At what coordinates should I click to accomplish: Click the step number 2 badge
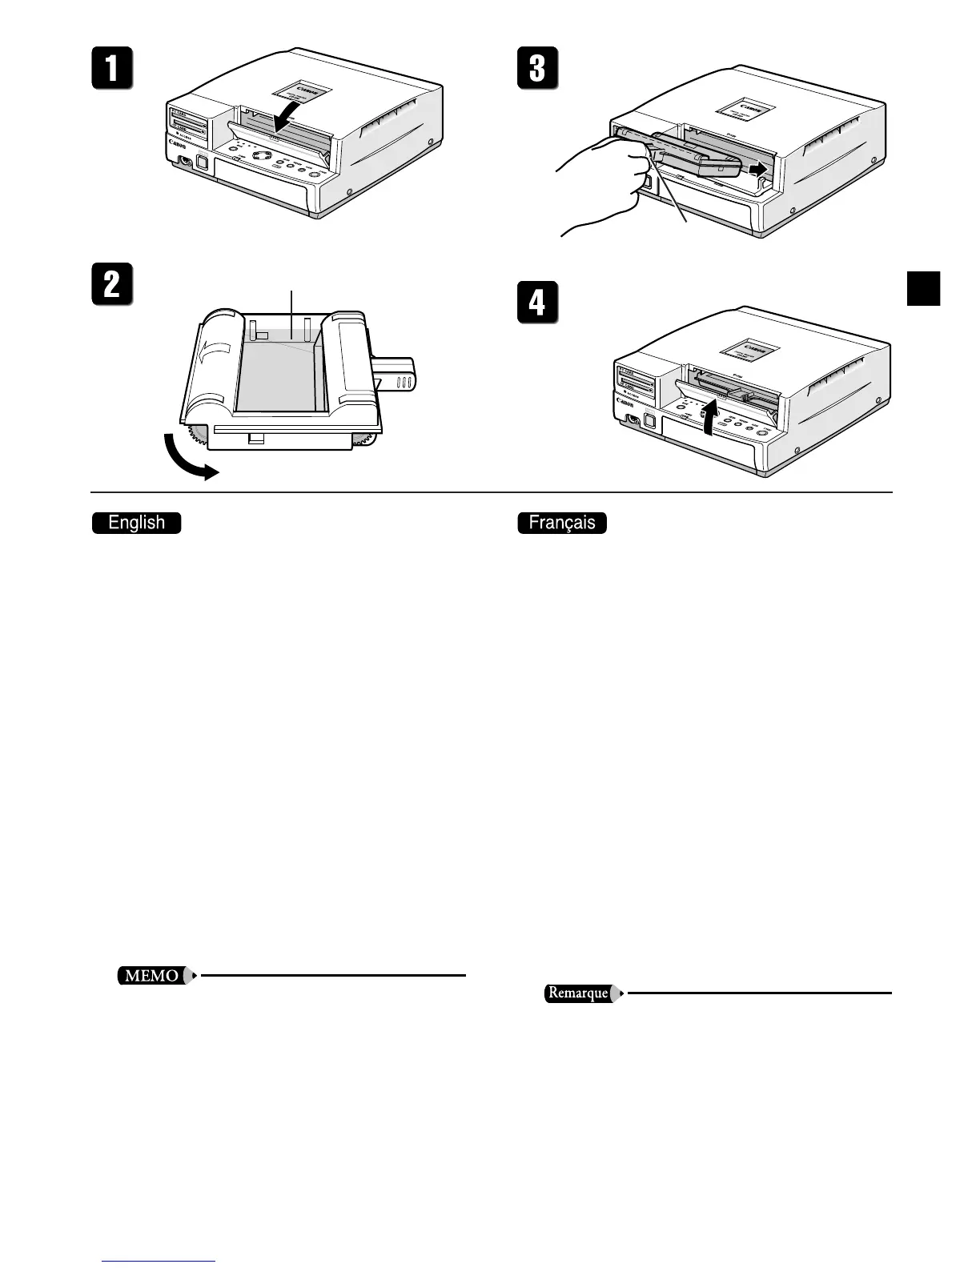(x=111, y=286)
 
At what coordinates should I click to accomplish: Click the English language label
(x=137, y=524)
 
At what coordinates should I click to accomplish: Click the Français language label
(x=562, y=524)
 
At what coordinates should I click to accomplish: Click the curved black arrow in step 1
(x=287, y=111)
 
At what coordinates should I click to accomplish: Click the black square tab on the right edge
(x=923, y=289)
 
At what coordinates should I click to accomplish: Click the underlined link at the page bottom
(x=159, y=1262)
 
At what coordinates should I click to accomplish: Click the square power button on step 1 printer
(x=201, y=163)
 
